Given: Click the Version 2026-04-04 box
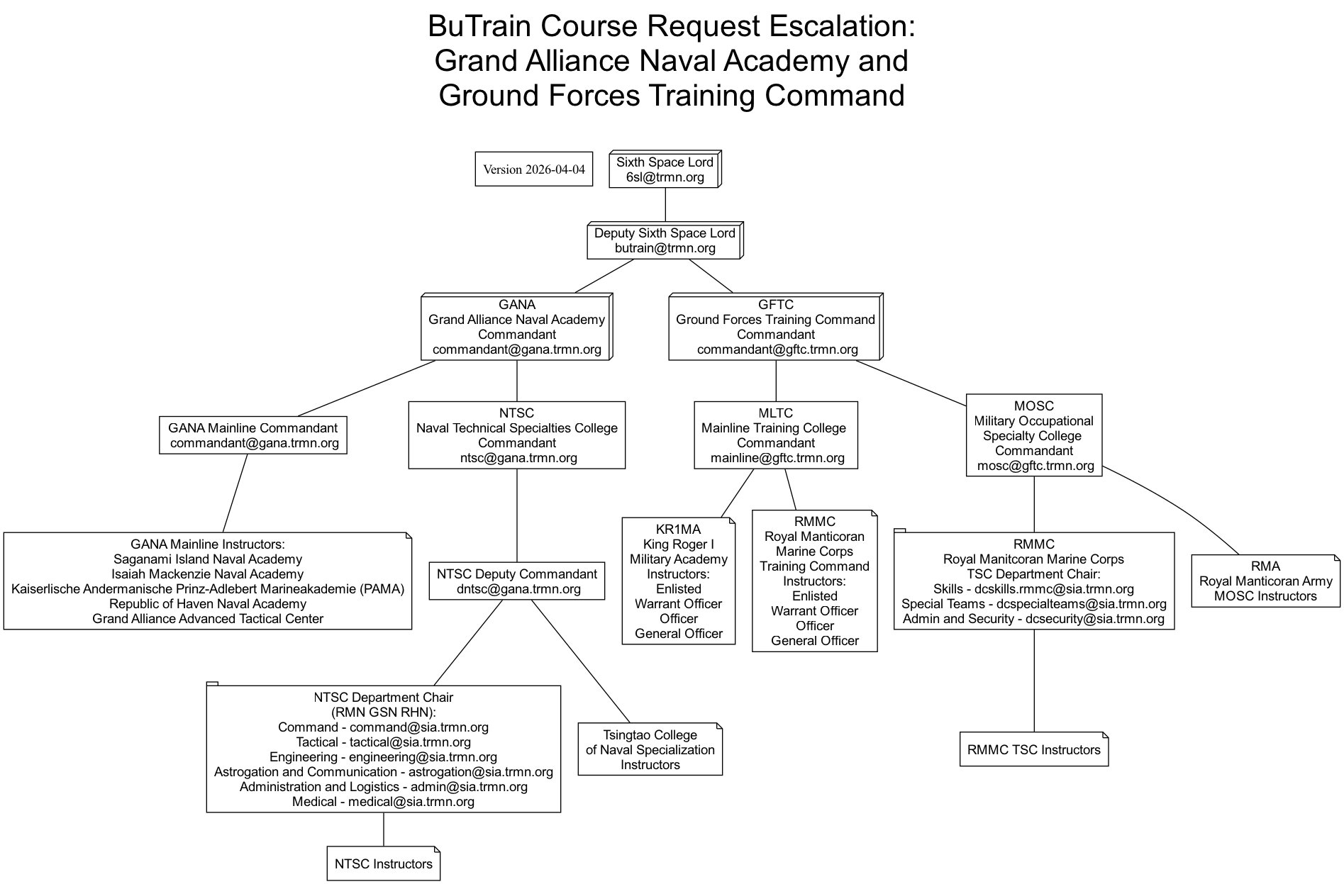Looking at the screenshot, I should point(533,169).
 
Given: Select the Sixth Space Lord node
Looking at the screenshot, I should point(665,169).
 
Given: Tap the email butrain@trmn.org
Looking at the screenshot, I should point(665,248).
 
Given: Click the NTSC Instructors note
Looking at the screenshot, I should point(383,863).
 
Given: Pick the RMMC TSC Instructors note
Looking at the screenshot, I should point(1033,749).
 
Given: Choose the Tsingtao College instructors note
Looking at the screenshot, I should point(650,749).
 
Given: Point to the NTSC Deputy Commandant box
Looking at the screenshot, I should point(516,581).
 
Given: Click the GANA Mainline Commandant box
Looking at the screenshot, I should point(252,435).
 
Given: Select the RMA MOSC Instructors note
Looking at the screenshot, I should point(1265,581).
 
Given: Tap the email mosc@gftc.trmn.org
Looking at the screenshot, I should point(1035,466).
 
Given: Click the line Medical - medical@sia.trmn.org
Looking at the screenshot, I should point(383,802).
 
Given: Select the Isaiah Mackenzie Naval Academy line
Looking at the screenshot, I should point(207,574).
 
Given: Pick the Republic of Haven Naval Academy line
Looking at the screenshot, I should point(207,604).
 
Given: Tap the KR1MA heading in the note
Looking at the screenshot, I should point(678,529).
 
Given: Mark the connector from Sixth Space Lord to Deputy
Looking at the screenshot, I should point(665,205).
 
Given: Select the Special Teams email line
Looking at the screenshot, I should point(1033,604).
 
